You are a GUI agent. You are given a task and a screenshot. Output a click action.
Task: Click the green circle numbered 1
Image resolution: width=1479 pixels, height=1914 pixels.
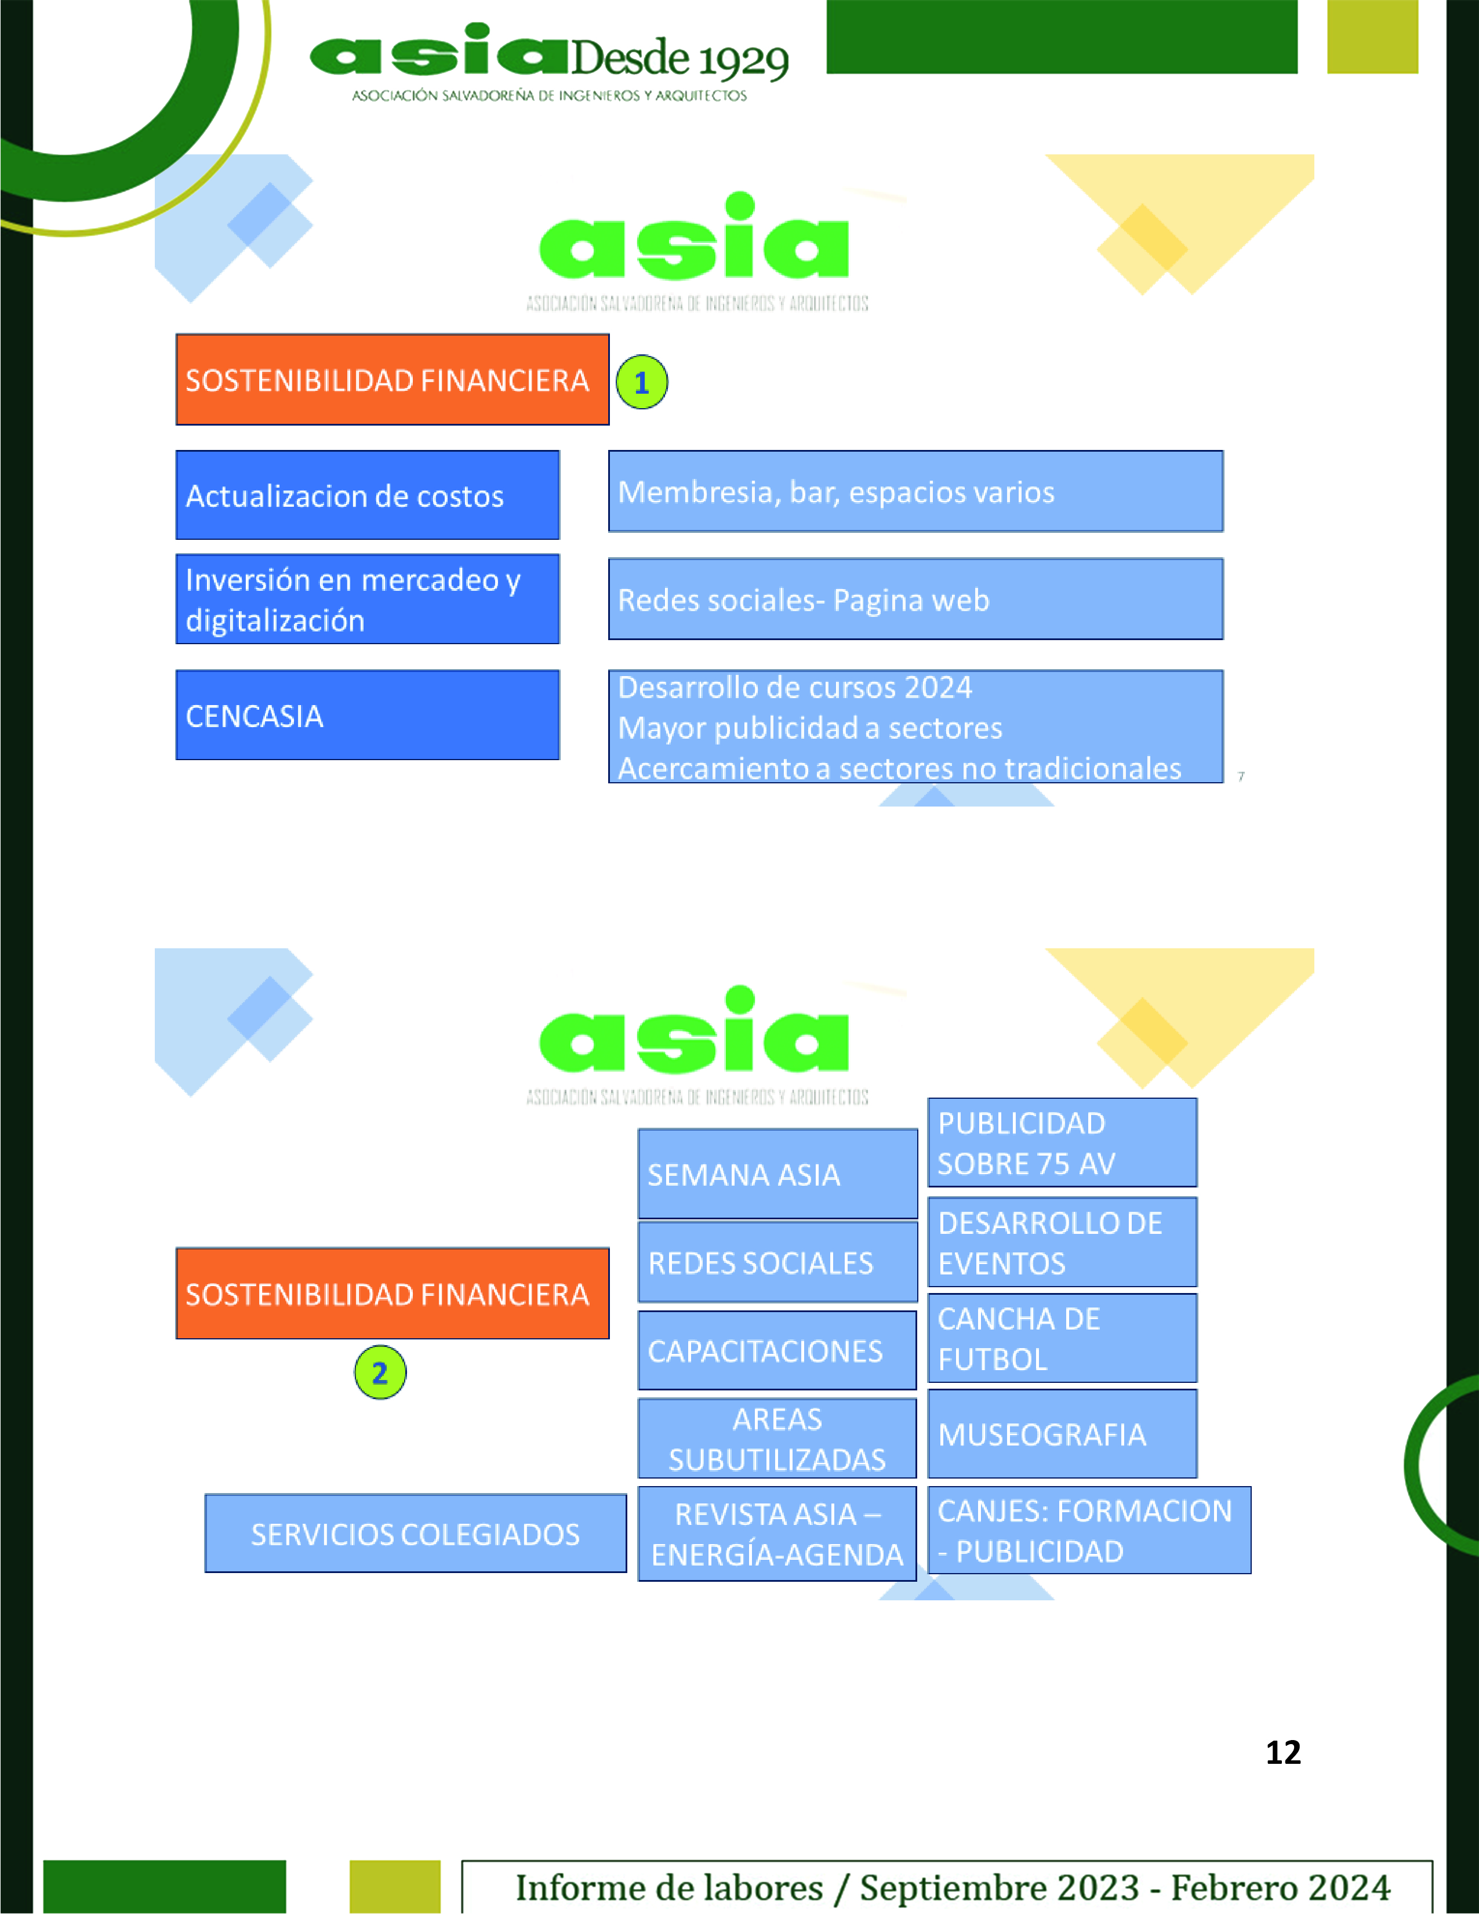click(641, 382)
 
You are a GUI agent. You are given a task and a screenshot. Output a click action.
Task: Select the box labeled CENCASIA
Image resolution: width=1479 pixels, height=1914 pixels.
click(367, 715)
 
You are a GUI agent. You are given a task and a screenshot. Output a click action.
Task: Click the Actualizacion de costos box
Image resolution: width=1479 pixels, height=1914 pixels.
click(367, 495)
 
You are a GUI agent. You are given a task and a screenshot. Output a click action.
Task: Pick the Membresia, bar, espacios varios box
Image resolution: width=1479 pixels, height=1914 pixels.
click(915, 492)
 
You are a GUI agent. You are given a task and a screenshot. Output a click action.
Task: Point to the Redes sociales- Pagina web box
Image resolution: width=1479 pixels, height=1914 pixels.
click(915, 600)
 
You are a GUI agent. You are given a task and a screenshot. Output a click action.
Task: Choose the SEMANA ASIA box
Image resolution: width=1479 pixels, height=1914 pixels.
click(777, 1174)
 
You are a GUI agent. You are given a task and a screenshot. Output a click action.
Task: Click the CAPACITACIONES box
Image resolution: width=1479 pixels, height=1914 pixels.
click(777, 1350)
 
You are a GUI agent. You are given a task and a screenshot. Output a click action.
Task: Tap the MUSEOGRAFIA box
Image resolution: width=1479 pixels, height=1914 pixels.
click(1062, 1434)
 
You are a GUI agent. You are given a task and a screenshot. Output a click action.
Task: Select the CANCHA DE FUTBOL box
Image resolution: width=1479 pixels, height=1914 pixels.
click(1062, 1338)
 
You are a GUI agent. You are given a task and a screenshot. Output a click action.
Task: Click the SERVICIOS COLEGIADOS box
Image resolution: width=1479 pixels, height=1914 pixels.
click(415, 1534)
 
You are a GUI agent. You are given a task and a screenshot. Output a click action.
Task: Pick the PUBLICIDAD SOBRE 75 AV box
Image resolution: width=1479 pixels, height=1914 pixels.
click(1062, 1143)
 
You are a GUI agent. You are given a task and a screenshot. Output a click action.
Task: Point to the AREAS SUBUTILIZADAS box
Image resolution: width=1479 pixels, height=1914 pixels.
click(777, 1438)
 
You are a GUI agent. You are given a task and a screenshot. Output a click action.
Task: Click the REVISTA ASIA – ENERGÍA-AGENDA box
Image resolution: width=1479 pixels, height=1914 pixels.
click(777, 1534)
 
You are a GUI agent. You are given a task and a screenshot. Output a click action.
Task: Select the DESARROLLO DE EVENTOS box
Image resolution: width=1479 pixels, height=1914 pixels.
click(1062, 1242)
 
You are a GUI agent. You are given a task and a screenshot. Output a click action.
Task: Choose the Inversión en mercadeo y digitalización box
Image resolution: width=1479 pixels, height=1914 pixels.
click(367, 600)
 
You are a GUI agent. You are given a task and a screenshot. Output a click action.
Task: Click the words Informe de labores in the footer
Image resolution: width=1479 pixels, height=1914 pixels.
click(670, 1887)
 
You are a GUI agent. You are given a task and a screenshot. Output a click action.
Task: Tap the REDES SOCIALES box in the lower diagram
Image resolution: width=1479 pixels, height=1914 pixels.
click(777, 1262)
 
